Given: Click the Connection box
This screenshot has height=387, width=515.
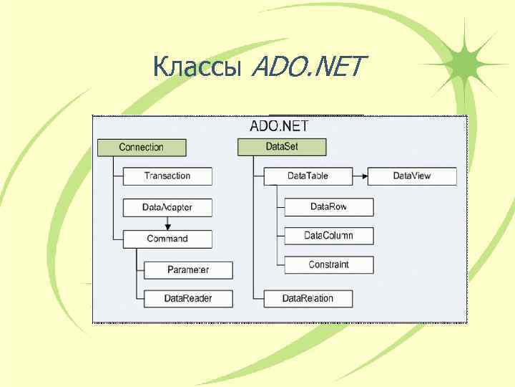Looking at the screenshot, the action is [x=142, y=148].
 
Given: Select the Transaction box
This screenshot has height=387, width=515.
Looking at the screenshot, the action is [x=167, y=176].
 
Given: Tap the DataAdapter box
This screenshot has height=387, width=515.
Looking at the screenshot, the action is [x=167, y=208].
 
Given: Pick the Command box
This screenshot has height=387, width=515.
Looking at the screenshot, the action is [x=167, y=239].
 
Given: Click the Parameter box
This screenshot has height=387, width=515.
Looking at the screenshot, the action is [x=188, y=270].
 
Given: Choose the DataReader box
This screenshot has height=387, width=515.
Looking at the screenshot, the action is [x=188, y=298].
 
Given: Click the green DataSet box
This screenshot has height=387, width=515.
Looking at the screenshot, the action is [x=282, y=148].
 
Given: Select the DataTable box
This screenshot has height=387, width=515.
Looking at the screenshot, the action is [x=308, y=176].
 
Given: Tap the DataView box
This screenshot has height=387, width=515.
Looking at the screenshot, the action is [x=412, y=176].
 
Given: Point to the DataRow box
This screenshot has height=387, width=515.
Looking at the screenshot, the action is [x=329, y=207].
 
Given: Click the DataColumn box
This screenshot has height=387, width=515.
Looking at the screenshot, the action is [x=329, y=236].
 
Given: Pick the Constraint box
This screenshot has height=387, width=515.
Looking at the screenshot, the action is [x=329, y=265].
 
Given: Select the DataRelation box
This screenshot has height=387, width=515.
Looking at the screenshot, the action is [x=308, y=298].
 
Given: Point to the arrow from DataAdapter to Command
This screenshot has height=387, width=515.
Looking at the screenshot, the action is [x=167, y=224].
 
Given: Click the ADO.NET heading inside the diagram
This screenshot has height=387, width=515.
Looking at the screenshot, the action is [x=279, y=126].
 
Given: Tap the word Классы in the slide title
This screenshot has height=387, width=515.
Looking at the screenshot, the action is [x=198, y=69].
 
